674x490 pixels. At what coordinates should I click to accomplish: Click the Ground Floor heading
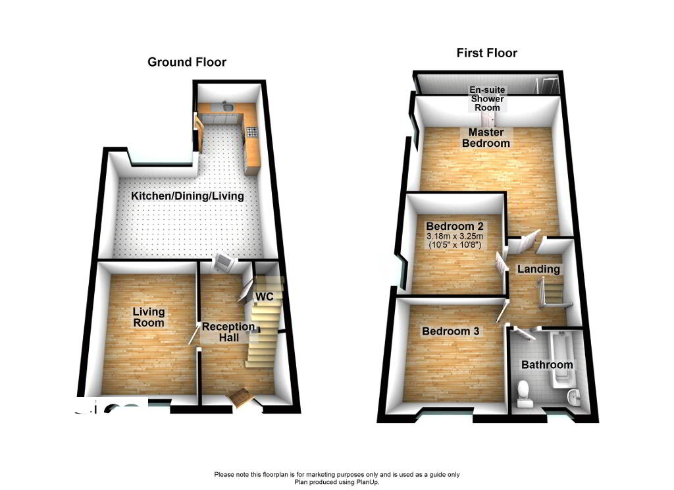pyautogui.click(x=186, y=62)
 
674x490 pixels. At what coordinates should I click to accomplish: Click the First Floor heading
pyautogui.click(x=486, y=53)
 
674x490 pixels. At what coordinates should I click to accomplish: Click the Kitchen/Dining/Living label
pyautogui.click(x=188, y=196)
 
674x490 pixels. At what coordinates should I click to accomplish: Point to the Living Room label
pyautogui.click(x=148, y=317)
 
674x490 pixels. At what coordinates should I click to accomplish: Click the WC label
pyautogui.click(x=264, y=296)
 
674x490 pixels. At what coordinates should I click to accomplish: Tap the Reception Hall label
pyautogui.click(x=228, y=332)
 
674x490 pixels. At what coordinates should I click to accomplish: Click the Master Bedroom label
pyautogui.click(x=486, y=138)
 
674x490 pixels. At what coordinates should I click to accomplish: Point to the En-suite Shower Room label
pyautogui.click(x=486, y=99)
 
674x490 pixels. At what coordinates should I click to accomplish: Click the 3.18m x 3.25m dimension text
pyautogui.click(x=454, y=236)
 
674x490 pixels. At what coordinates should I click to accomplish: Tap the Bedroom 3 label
pyautogui.click(x=450, y=331)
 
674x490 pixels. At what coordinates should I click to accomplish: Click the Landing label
pyautogui.click(x=538, y=269)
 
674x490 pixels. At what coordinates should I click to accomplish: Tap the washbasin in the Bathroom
pyautogui.click(x=574, y=396)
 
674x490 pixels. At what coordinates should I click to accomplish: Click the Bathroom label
pyautogui.click(x=546, y=364)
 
